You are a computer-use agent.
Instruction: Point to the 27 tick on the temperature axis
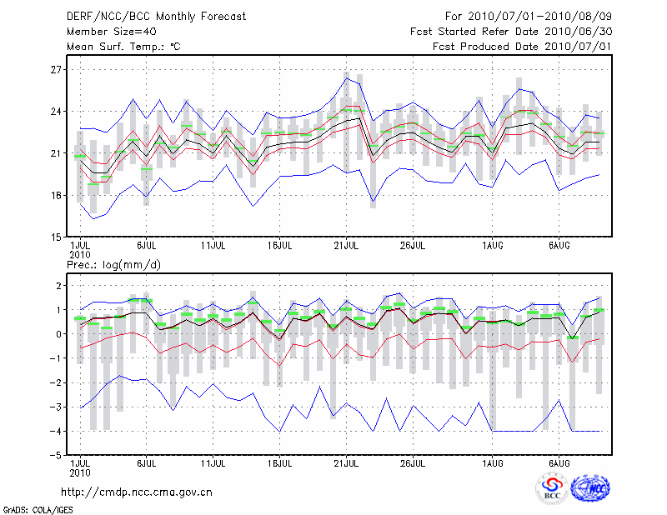point(57,70)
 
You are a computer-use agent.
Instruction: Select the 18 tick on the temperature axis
point(57,195)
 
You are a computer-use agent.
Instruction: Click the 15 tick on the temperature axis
point(57,237)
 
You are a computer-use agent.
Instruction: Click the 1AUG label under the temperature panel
point(493,246)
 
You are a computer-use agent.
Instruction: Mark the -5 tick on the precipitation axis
point(55,456)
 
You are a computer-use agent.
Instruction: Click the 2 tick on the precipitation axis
point(58,286)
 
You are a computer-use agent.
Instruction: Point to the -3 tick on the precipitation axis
point(55,407)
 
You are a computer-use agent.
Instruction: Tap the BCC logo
point(551,489)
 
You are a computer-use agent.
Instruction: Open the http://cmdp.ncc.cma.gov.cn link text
point(138,492)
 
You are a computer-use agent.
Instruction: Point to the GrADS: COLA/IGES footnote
point(31,507)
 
